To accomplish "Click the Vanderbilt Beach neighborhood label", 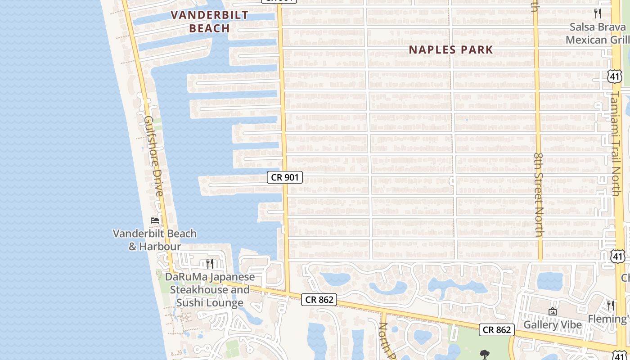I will click(x=209, y=21).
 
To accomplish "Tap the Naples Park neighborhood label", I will click(x=451, y=49).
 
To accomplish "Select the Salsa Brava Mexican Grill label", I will click(x=598, y=33).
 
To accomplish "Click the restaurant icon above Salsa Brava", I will click(x=598, y=13).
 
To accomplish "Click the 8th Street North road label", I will click(x=539, y=194).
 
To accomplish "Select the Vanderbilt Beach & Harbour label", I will click(x=155, y=240).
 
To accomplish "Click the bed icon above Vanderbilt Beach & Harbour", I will click(x=155, y=220).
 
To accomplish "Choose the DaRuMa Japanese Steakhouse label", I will click(x=210, y=290).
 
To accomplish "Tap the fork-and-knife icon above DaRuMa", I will click(x=210, y=263).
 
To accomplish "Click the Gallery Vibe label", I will click(x=553, y=324).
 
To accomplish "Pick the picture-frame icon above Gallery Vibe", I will click(x=553, y=311).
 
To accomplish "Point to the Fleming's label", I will click(x=609, y=319).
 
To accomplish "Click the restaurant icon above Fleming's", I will click(x=611, y=306).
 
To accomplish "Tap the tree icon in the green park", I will click(x=485, y=355).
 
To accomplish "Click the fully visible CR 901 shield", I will click(x=285, y=177).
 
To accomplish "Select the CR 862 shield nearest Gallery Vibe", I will click(x=497, y=330).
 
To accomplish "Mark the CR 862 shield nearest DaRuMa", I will click(x=319, y=299).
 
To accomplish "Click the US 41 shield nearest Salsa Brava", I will click(x=615, y=76).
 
